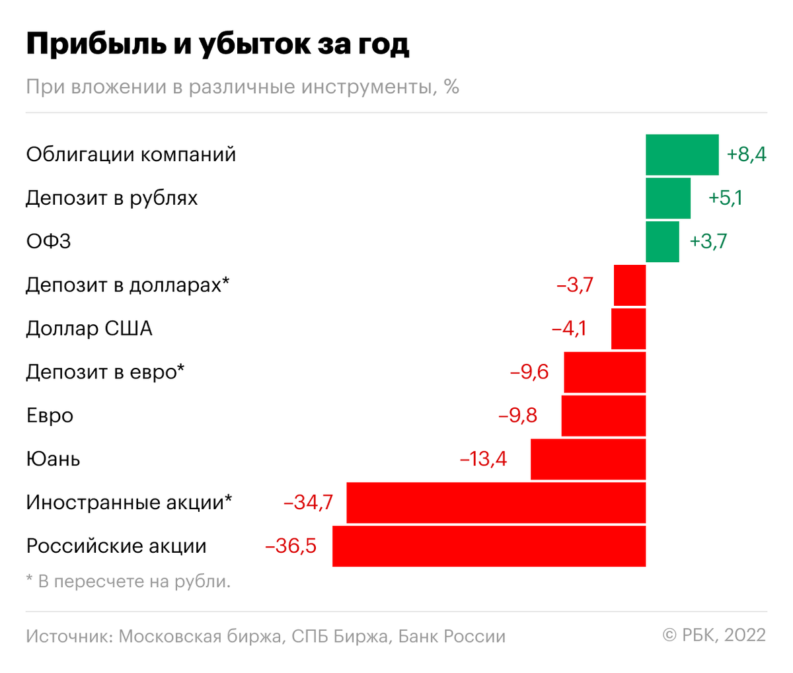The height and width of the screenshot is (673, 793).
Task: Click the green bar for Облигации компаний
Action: (x=682, y=155)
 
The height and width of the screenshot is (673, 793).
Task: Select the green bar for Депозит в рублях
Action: (x=668, y=198)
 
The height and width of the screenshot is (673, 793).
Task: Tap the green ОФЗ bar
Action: (x=662, y=242)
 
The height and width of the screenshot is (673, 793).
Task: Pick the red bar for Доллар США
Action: (x=628, y=329)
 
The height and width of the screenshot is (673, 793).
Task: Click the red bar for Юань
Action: (x=588, y=459)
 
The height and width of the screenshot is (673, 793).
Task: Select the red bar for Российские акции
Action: (x=489, y=546)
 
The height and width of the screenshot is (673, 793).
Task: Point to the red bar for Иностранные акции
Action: (x=496, y=503)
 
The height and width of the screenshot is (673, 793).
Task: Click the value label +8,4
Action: (x=746, y=155)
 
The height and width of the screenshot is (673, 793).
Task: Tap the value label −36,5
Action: (x=291, y=546)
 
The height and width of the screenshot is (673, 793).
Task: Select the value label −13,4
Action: (x=483, y=459)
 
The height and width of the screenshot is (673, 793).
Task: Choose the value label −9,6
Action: (x=529, y=372)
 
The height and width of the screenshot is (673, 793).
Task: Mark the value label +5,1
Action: (x=725, y=198)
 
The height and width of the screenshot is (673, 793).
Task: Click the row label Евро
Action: (x=50, y=416)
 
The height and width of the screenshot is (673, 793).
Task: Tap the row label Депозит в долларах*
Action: (x=128, y=285)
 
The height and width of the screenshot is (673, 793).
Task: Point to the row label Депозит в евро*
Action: (x=105, y=372)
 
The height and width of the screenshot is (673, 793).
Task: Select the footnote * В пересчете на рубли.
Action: (x=128, y=582)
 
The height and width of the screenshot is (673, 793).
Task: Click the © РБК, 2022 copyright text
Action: (x=714, y=635)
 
